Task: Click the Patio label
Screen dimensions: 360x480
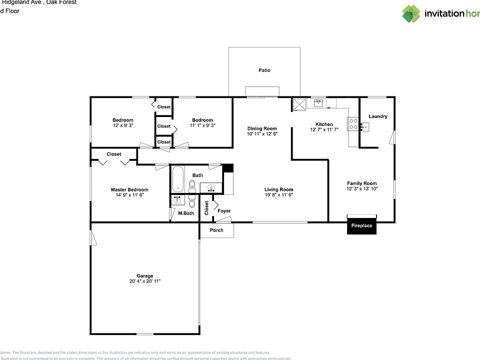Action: pyautogui.click(x=264, y=70)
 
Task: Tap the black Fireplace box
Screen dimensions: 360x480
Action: pyautogui.click(x=361, y=226)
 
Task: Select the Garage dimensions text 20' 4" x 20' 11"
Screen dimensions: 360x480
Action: pyautogui.click(x=145, y=281)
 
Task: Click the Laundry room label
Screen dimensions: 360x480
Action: pyautogui.click(x=377, y=116)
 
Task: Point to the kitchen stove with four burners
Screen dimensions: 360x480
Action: pyautogui.click(x=353, y=123)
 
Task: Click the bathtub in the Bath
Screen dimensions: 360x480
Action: pyautogui.click(x=177, y=179)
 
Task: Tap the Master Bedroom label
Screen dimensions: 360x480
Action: pyautogui.click(x=129, y=189)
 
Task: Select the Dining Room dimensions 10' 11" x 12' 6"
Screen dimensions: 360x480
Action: pyautogui.click(x=262, y=134)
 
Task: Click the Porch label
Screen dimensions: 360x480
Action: pyautogui.click(x=216, y=230)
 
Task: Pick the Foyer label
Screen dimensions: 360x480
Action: pyautogui.click(x=224, y=211)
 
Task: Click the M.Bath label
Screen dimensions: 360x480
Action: pyautogui.click(x=186, y=213)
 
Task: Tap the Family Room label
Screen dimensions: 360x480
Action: pyautogui.click(x=361, y=183)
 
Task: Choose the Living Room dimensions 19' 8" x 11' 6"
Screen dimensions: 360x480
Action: pyautogui.click(x=278, y=195)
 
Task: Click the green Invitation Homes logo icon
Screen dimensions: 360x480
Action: pyautogui.click(x=411, y=13)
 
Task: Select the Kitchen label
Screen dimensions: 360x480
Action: pyautogui.click(x=324, y=124)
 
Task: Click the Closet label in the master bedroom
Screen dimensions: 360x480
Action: pyautogui.click(x=114, y=154)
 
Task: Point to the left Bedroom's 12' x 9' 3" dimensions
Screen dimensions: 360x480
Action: pyautogui.click(x=122, y=125)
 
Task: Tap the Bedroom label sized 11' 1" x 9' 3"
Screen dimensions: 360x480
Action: pyautogui.click(x=202, y=120)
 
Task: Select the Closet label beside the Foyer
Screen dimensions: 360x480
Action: pyautogui.click(x=206, y=207)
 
